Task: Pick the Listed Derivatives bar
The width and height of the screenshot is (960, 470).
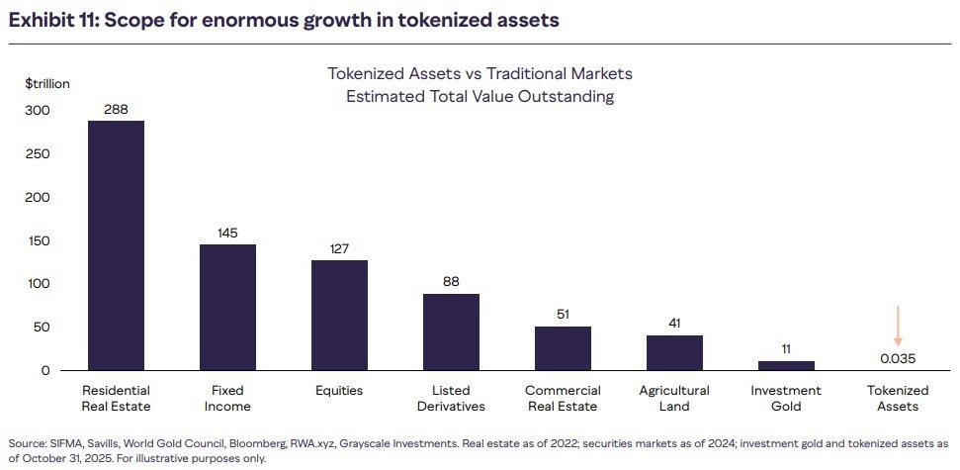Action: click(451, 331)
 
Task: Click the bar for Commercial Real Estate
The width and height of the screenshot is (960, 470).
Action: click(563, 348)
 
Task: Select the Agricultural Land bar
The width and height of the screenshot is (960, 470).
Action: click(674, 352)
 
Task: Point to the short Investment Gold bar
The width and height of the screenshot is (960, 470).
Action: click(786, 365)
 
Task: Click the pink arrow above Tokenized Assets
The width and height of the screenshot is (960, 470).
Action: click(898, 326)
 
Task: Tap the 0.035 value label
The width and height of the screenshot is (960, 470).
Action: click(898, 358)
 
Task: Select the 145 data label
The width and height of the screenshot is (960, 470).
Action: click(227, 234)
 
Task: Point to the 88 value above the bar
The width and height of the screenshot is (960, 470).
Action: click(451, 282)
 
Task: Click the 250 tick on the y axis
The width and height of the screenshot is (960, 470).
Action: click(37, 153)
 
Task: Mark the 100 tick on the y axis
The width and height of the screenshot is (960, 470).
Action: click(37, 284)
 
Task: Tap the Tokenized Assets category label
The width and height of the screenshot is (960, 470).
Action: click(898, 398)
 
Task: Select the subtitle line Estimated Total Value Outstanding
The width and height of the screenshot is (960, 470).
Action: click(480, 96)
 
